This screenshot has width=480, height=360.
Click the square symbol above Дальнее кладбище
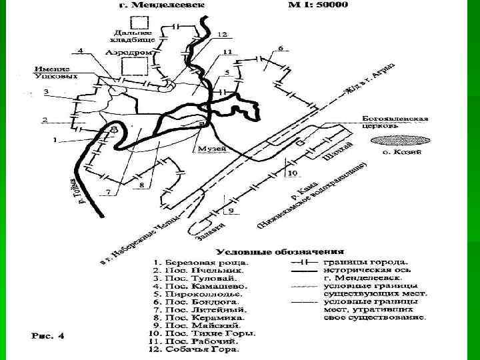point(139,18)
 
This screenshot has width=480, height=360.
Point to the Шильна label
point(335,156)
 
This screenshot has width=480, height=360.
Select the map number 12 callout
point(221,34)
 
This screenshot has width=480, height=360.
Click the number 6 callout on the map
point(280,48)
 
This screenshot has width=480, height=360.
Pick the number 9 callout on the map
point(231,211)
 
